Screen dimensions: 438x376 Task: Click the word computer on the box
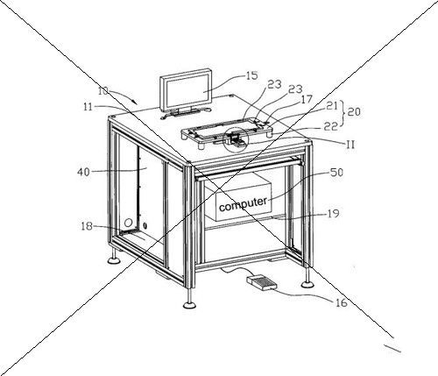coord(243,203)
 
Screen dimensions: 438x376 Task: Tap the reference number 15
coord(251,75)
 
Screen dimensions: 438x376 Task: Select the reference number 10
coord(102,91)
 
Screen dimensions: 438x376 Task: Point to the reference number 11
coord(88,107)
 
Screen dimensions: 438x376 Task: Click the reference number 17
coord(307,99)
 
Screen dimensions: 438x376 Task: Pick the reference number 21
coord(332,106)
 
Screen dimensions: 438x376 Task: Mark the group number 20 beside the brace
coord(354,111)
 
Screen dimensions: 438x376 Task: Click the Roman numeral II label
coord(350,144)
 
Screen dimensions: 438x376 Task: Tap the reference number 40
coord(83,172)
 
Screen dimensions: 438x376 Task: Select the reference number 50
coord(336,173)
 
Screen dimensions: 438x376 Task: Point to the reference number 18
coord(87,226)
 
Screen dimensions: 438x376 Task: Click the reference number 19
coord(333,214)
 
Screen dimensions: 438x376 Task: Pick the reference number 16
coord(342,302)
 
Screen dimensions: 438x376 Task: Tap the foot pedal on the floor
coord(262,282)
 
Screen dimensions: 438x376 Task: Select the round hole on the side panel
coord(128,223)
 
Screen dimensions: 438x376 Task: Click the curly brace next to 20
coord(343,112)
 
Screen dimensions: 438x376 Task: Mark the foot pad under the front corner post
coord(190,305)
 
